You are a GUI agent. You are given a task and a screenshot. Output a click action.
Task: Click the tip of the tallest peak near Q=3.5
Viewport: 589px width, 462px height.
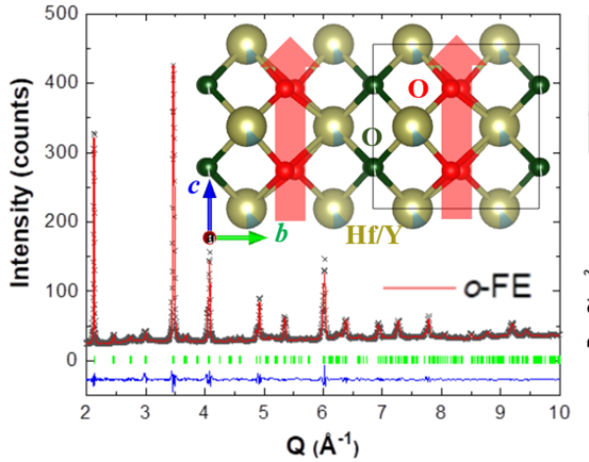(x=173, y=66)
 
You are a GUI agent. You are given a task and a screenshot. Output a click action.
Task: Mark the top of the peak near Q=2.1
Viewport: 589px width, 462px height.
(x=93, y=133)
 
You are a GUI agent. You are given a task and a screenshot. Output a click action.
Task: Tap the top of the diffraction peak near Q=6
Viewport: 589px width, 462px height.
(x=324, y=260)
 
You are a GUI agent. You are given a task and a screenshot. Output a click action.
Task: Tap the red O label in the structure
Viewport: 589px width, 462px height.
(x=418, y=89)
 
